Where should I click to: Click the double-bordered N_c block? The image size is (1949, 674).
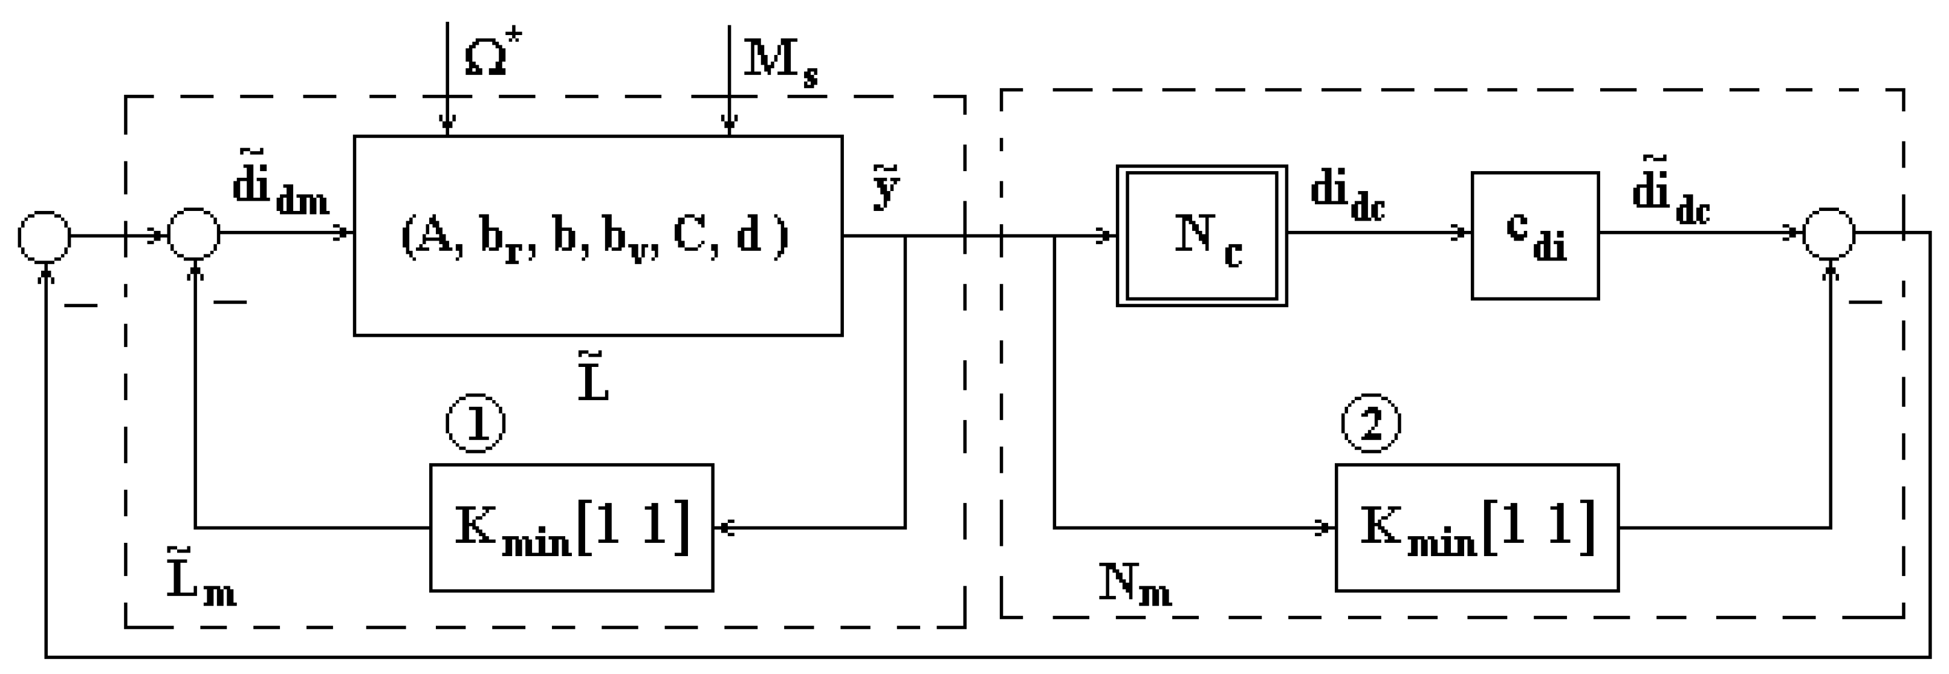(x=1201, y=235)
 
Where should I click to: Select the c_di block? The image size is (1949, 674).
(x=1534, y=235)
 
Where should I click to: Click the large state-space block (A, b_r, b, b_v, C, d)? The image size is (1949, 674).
(x=598, y=235)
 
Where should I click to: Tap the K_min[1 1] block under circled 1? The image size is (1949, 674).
(x=571, y=527)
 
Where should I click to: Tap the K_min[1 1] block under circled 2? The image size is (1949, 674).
(x=1477, y=527)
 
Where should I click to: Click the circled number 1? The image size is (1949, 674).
(x=475, y=424)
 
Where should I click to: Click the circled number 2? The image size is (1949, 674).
(x=1370, y=424)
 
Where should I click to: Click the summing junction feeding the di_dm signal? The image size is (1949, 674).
(x=193, y=234)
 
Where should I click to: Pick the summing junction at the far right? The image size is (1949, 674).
(x=1829, y=234)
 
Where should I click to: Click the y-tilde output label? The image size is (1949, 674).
(x=886, y=189)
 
